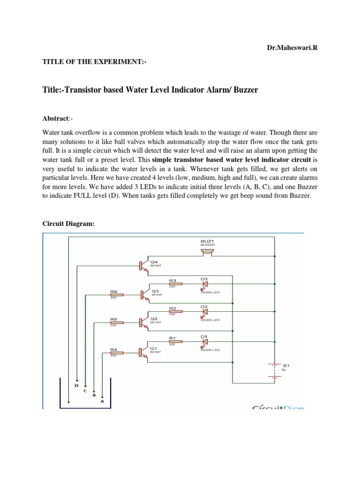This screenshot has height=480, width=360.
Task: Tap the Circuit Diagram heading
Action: [68, 224]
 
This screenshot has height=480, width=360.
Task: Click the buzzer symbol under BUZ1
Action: [206, 253]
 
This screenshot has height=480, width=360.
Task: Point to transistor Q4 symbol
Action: [143, 265]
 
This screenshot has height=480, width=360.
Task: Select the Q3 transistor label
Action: [155, 291]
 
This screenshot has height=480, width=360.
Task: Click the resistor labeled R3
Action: [175, 284]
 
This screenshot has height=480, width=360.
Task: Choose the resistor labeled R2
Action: [175, 312]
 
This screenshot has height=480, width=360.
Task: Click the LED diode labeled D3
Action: [204, 284]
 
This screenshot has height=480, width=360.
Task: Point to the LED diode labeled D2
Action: [204, 312]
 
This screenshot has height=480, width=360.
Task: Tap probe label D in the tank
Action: [77, 385]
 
